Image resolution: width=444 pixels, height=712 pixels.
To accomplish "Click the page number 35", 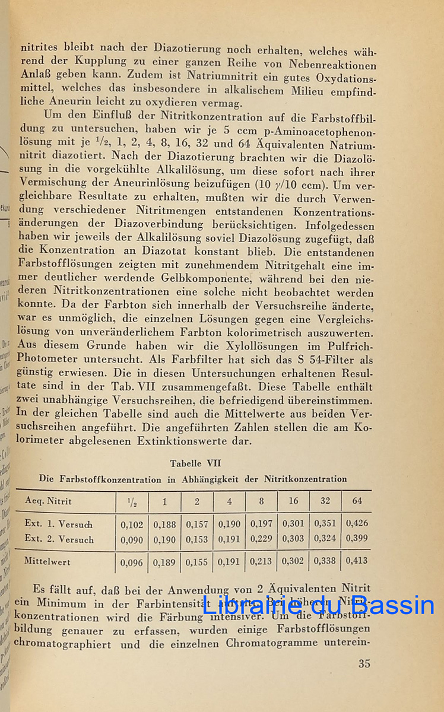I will coord(364,664).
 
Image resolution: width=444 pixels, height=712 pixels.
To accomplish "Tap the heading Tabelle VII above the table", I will coord(195,463).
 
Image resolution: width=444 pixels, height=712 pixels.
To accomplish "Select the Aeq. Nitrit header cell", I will coord(48,501).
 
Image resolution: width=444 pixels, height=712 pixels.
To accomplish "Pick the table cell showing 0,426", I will coord(357,525).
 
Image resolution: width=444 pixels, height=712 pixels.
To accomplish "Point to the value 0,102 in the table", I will coord(132,525).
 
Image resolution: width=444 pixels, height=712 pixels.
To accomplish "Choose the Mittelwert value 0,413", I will coord(357,561).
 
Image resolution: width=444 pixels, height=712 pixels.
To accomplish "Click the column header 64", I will coord(357,501).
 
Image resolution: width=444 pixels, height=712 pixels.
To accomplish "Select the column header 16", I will coord(293,501).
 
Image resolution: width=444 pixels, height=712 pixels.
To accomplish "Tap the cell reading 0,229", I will coord(261,540).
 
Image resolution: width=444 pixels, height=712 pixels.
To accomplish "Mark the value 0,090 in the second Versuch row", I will coord(132,540).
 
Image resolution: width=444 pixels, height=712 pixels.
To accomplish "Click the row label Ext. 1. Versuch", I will coord(59,525).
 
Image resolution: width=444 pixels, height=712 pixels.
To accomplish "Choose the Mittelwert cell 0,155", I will coord(197,561).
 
